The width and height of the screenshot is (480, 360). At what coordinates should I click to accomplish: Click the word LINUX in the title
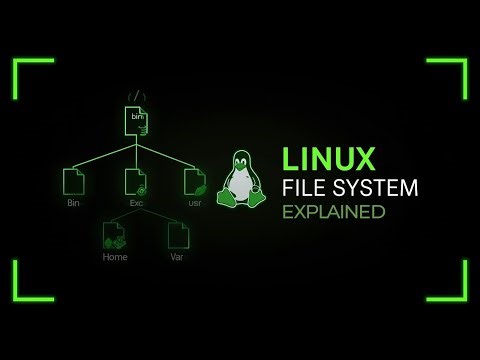coord(329,159)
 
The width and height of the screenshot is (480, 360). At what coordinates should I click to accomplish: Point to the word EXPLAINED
coord(333,212)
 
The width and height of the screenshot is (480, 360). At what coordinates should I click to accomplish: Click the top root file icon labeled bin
coord(136,121)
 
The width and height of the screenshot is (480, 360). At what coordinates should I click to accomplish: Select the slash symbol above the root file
coord(137,97)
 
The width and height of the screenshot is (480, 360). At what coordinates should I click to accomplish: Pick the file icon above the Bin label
coord(73,181)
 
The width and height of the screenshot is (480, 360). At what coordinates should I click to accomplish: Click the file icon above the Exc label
coord(135,181)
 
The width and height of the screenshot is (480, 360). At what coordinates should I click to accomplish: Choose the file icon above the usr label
coord(195,181)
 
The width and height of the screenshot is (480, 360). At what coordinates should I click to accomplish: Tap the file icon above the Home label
coord(114,235)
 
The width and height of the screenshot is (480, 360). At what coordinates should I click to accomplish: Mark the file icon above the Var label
coord(178,235)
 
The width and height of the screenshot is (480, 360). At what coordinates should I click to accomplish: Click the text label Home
coord(115,257)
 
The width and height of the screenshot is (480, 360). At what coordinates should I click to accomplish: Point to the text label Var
coord(178,257)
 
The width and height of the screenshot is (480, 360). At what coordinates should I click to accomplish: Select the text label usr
coord(195,203)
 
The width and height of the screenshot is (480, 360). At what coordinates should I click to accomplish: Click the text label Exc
coord(136,203)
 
